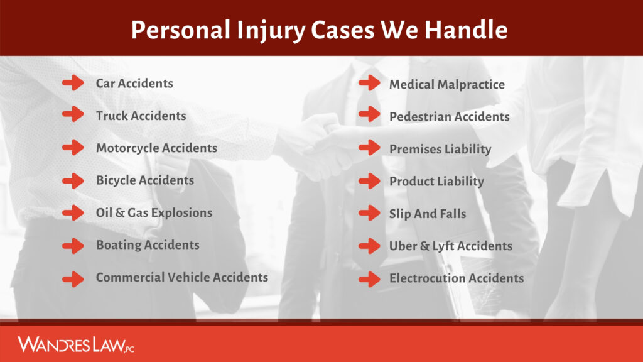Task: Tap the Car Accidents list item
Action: click(x=134, y=83)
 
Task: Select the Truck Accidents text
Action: click(x=141, y=116)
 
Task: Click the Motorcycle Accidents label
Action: click(x=156, y=148)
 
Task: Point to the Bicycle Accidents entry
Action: click(x=145, y=180)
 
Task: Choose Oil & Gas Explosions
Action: click(x=154, y=212)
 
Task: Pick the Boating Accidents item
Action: click(x=148, y=245)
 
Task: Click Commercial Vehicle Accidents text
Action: click(x=181, y=277)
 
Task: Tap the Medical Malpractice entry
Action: click(x=446, y=84)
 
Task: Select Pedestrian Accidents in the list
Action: click(x=449, y=117)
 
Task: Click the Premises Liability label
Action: click(x=440, y=150)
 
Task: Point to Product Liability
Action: click(x=436, y=182)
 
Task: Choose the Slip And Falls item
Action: click(x=427, y=214)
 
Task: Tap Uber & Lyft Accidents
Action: click(x=450, y=246)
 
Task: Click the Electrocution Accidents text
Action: click(x=456, y=278)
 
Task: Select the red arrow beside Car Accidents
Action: click(x=73, y=83)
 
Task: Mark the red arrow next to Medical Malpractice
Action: click(x=369, y=83)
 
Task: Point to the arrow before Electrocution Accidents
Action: click(x=369, y=278)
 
